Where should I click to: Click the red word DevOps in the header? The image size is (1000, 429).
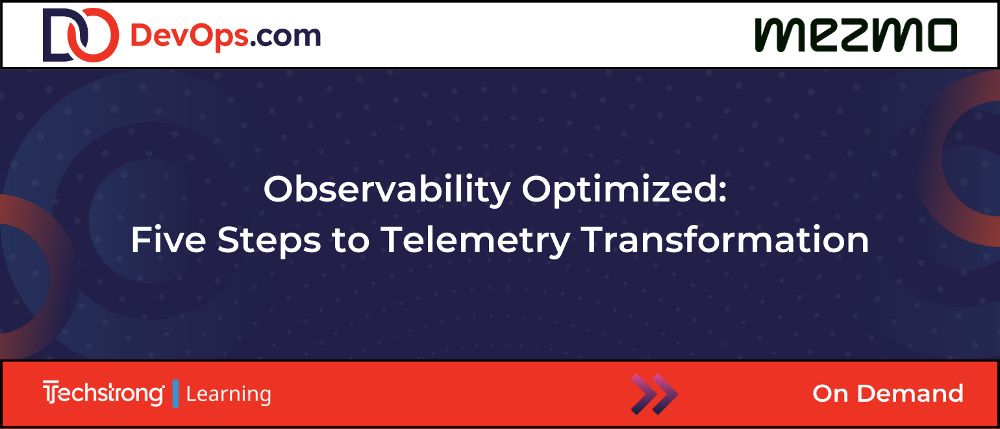point(189,36)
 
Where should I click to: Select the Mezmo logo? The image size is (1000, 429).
point(856,35)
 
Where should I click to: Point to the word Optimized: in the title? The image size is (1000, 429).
point(624,190)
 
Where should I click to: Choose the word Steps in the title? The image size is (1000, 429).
point(269,241)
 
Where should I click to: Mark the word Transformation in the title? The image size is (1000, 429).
point(725,240)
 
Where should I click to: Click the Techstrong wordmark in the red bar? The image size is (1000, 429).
point(103,394)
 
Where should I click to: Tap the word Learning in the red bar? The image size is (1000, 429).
point(228,395)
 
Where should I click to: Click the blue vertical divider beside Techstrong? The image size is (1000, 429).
point(175,394)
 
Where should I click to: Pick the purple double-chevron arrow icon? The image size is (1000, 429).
point(654,394)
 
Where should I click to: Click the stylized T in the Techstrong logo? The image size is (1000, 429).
point(49,393)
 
